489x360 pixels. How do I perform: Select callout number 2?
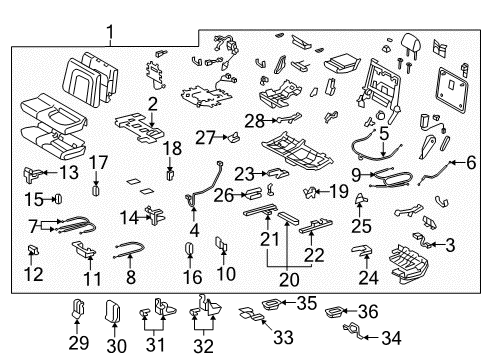point(152,105)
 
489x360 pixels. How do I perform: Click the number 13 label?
point(67,172)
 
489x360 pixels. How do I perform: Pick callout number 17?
point(98,161)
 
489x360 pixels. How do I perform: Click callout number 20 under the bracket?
point(290,280)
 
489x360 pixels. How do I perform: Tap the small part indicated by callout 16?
point(190,249)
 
